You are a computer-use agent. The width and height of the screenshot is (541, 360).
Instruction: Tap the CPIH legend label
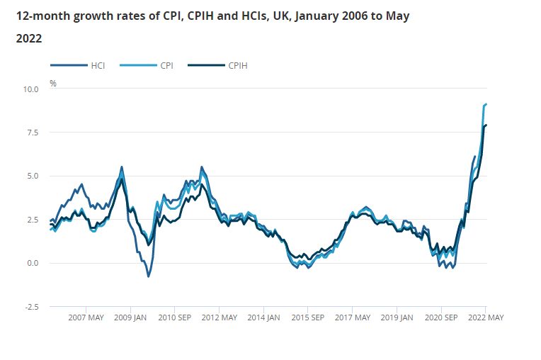tap(238, 65)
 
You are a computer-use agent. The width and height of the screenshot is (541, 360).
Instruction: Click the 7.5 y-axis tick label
tap(33, 133)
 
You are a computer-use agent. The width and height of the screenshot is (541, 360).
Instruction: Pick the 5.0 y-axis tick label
tap(33, 176)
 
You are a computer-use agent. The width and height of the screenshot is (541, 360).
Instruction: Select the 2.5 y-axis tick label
tap(33, 220)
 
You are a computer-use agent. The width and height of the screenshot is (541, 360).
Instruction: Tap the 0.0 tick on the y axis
tap(33, 263)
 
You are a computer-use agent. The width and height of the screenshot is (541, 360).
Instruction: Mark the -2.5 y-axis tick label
tap(30, 306)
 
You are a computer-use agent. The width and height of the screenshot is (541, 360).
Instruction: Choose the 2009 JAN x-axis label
tap(131, 317)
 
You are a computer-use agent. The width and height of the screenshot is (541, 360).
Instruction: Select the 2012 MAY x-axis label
tap(220, 317)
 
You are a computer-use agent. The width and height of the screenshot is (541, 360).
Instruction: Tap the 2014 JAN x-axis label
tap(264, 317)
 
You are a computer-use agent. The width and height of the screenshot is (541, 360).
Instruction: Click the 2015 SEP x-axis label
tap(308, 317)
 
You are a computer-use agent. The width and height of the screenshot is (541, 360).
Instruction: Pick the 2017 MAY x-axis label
tap(353, 317)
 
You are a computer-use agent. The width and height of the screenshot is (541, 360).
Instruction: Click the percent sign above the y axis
tap(53, 83)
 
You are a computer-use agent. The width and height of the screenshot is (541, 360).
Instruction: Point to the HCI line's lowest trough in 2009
tap(148, 276)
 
